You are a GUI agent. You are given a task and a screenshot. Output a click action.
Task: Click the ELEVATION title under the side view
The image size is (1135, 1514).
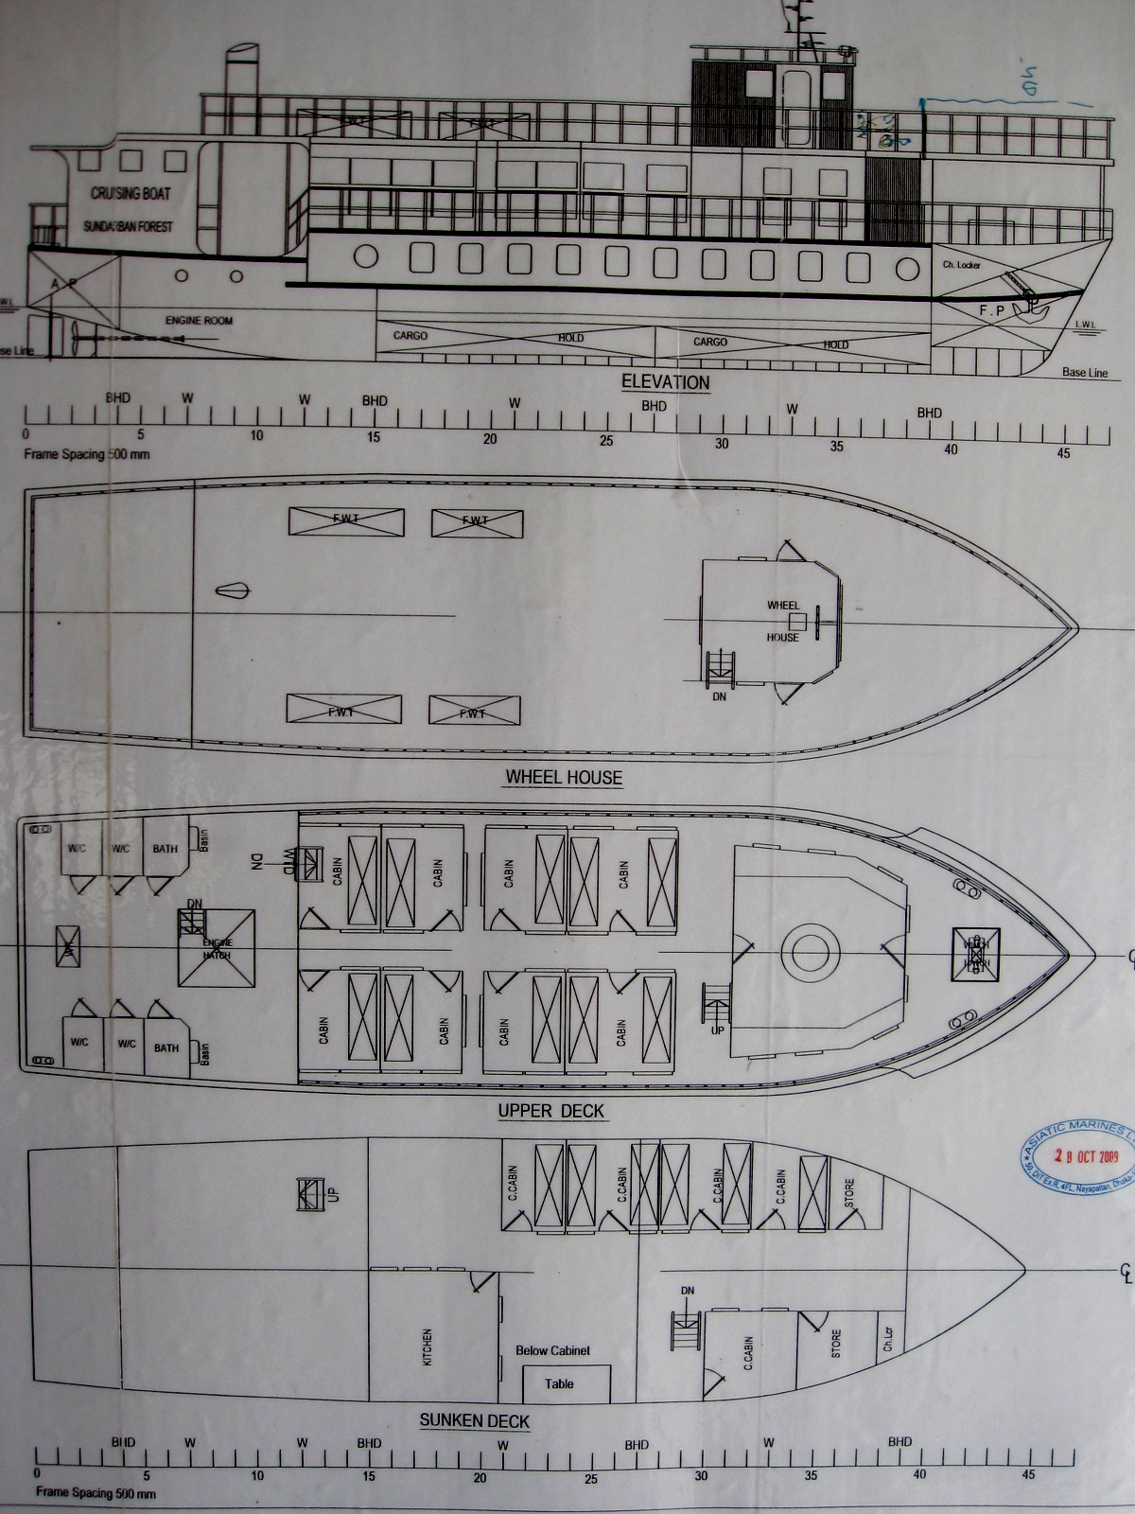tap(665, 382)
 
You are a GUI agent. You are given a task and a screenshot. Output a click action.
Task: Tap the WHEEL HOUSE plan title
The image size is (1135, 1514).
tap(564, 778)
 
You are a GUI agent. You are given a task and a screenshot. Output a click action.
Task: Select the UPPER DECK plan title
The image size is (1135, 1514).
tap(551, 1110)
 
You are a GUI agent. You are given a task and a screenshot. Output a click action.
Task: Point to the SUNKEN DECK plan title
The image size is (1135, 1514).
tap(475, 1420)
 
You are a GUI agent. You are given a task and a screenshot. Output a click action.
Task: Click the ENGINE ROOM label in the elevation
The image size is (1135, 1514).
tap(199, 321)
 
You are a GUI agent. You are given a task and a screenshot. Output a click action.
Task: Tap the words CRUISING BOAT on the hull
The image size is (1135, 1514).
tap(131, 193)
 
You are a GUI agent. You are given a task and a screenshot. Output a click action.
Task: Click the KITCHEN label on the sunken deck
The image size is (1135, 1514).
tap(428, 1347)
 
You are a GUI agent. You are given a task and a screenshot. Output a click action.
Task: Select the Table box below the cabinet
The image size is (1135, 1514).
tap(559, 1383)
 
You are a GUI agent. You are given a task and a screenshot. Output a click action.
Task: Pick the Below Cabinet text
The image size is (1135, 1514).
tap(552, 1350)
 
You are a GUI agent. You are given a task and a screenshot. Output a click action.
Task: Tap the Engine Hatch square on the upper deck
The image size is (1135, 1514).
tap(218, 947)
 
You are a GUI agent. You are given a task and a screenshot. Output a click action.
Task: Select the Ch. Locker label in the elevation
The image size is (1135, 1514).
tap(962, 265)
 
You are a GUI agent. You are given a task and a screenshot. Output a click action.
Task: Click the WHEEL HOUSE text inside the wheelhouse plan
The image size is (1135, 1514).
tap(783, 621)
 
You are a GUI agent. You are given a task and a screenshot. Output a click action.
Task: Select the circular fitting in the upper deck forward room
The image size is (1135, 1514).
tap(811, 951)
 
